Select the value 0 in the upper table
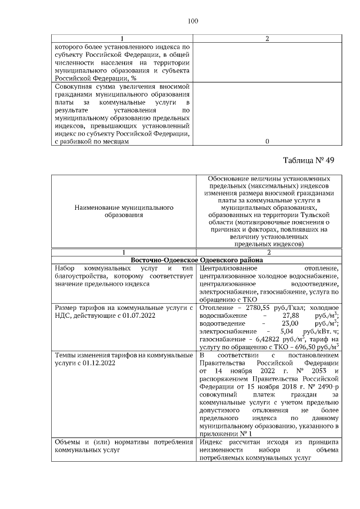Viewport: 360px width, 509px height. click(267, 142)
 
